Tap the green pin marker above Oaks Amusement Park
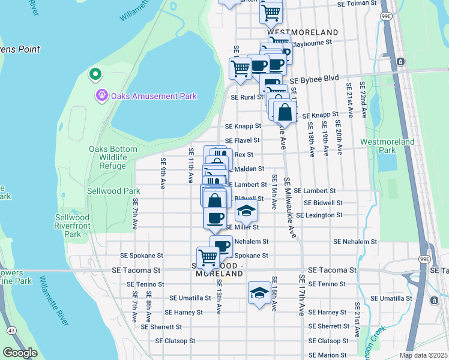pyautogui.click(x=94, y=75)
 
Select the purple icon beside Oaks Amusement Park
pyautogui.click(x=101, y=95)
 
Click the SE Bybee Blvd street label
pyautogui.click(x=314, y=79)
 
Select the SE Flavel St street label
pyautogui.click(x=243, y=140)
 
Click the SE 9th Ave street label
pyautogui.click(x=163, y=173)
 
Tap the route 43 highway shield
pyautogui.click(x=11, y=330)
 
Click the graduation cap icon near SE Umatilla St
pyautogui.click(x=259, y=293)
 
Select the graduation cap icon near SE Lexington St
pyautogui.click(x=246, y=211)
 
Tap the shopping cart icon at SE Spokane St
pyautogui.click(x=208, y=257)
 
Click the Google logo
pyautogui.click(x=20, y=353)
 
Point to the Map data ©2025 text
pyautogui.click(x=423, y=355)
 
